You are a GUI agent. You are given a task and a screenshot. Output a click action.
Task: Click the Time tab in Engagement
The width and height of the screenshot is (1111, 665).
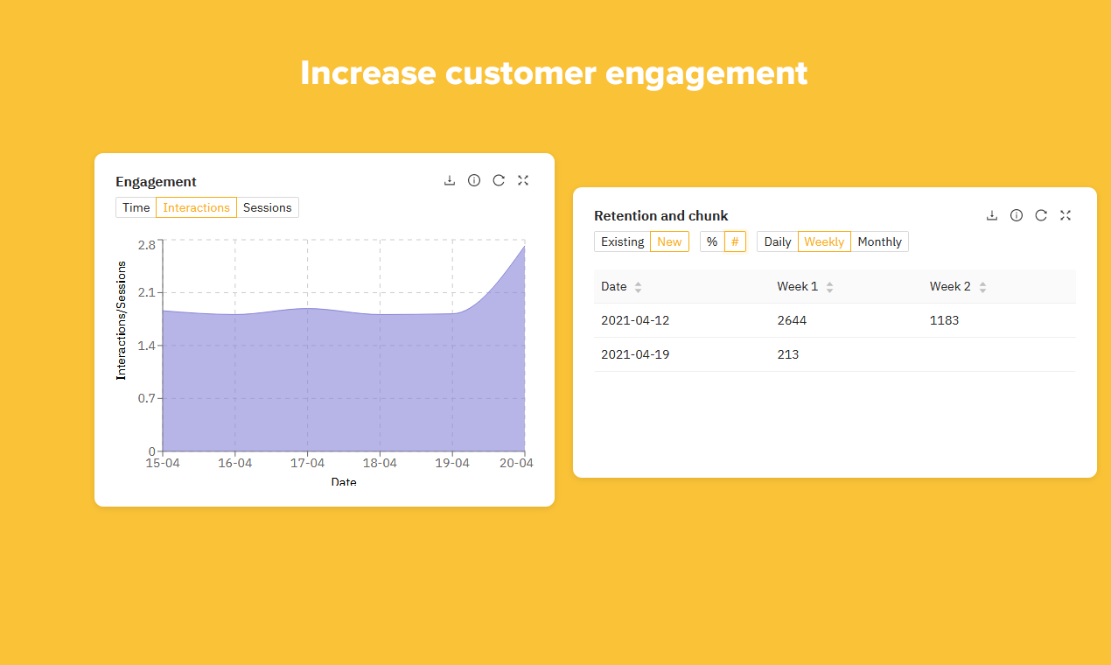[x=136, y=207]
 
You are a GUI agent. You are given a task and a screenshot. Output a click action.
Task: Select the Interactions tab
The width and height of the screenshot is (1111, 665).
[x=196, y=207]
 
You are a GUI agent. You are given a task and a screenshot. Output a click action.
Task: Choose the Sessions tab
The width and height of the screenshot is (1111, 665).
[x=267, y=207]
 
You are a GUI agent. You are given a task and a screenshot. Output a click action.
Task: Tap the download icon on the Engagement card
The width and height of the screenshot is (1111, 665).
[x=450, y=180]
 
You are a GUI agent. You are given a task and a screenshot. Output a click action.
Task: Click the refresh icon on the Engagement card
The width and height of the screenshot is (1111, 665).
[x=499, y=180]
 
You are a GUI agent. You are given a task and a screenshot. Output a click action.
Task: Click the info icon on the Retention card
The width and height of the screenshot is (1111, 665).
[x=1017, y=215]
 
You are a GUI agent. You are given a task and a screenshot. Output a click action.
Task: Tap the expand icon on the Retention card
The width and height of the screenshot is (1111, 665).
[x=1066, y=215]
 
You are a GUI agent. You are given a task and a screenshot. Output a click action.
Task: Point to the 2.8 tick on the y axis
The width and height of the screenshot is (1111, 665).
[x=146, y=244]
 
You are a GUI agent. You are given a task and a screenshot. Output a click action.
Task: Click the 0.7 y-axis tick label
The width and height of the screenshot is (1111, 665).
[x=146, y=399]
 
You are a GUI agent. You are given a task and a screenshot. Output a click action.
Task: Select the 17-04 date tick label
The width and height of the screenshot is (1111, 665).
[x=307, y=463]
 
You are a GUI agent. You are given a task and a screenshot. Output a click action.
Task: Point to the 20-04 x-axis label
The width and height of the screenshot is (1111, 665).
[x=516, y=463]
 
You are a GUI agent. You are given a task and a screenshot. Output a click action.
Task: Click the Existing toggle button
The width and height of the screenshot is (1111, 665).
[x=622, y=241]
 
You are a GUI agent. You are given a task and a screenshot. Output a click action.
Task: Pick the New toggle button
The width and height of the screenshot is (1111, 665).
[x=669, y=241]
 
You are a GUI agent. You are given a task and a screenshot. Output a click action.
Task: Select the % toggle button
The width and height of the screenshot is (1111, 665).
[x=712, y=241]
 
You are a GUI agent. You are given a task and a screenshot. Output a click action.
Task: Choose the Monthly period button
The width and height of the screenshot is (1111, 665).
[x=879, y=241]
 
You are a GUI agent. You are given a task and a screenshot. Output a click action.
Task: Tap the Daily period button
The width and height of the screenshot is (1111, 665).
[x=777, y=241]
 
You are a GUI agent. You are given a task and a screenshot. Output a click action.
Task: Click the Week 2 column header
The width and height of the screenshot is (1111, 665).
[x=950, y=286]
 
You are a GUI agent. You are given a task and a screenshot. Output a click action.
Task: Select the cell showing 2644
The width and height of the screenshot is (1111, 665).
[x=792, y=320]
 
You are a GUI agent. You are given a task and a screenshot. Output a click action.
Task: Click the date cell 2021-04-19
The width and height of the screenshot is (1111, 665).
[x=635, y=354]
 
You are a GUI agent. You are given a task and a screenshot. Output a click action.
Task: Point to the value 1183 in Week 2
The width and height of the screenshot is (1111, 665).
[x=944, y=320]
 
